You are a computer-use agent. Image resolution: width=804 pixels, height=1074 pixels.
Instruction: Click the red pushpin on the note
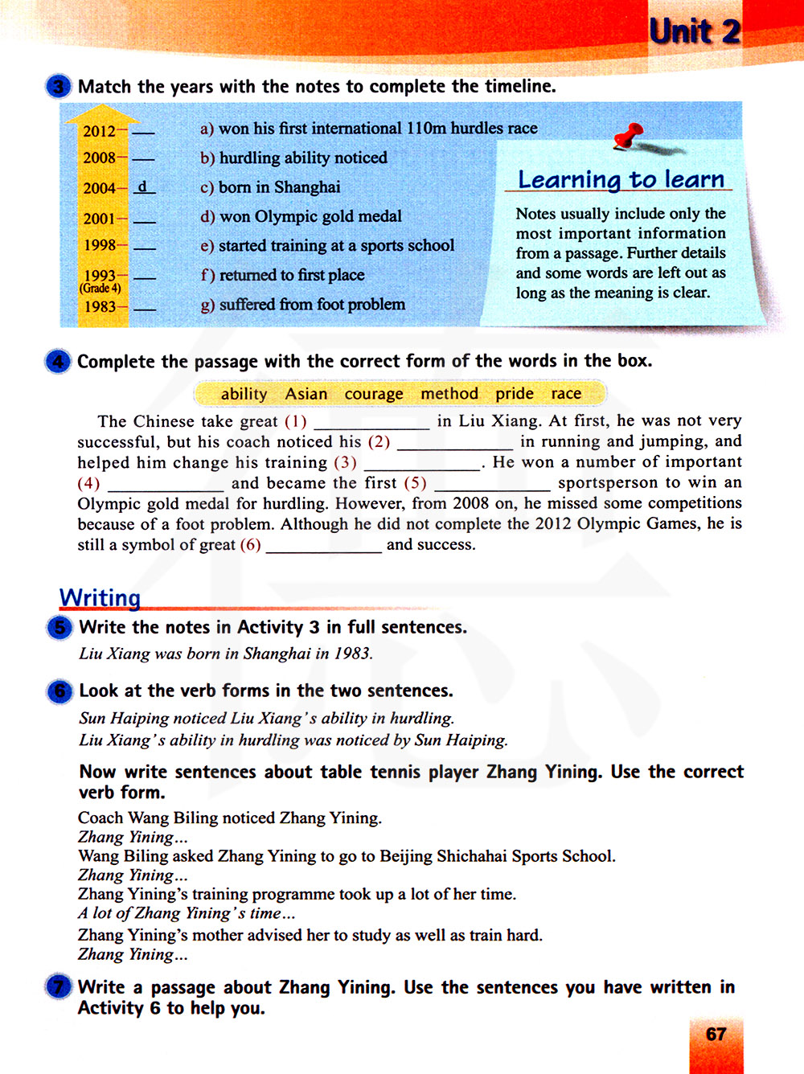point(630,135)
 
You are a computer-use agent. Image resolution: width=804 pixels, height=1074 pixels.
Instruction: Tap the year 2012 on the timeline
point(99,131)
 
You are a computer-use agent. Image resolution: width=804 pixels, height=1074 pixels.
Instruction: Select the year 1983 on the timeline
point(100,306)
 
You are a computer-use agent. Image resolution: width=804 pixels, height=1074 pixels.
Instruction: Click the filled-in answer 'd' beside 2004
point(142,187)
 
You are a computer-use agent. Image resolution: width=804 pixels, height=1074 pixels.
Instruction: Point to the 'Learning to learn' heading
point(621,179)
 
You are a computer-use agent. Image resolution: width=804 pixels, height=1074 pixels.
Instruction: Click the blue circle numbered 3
point(59,87)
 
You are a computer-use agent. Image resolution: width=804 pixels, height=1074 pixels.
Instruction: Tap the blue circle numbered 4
point(59,362)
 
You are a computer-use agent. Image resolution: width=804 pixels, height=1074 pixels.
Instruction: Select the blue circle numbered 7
point(59,987)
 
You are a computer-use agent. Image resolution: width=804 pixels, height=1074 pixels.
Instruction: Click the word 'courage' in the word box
point(374,394)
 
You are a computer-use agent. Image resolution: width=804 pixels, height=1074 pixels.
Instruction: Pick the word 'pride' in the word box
point(515,393)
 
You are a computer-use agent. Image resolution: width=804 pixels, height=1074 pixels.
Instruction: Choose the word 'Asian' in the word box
point(306,394)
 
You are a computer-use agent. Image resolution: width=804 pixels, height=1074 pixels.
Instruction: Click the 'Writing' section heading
point(100,597)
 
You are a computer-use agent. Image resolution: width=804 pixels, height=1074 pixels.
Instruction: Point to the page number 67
point(716,1035)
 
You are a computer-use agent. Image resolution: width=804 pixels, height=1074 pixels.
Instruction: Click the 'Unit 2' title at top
point(695,32)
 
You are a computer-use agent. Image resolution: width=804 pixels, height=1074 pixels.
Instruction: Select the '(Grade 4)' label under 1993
point(100,289)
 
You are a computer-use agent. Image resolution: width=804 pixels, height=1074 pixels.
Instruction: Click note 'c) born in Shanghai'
point(270,187)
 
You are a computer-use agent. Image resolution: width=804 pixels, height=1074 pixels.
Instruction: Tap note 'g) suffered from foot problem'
point(302,305)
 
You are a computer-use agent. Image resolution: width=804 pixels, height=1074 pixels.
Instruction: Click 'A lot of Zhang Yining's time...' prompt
point(187,913)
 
